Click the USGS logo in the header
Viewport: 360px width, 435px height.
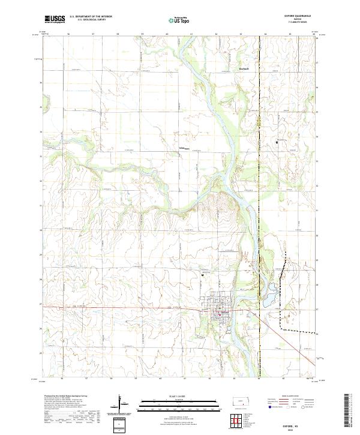55,20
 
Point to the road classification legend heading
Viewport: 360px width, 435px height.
285,397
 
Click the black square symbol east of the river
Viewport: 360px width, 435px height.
277,142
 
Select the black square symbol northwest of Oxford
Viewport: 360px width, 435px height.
203,275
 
